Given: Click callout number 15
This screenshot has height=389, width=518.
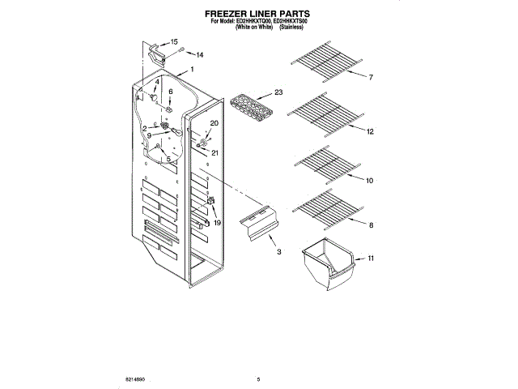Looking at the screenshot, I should pyautogui.click(x=173, y=41).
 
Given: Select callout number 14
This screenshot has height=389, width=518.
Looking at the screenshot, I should pyautogui.click(x=200, y=55).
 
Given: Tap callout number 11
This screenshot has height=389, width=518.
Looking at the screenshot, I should pyautogui.click(x=371, y=259).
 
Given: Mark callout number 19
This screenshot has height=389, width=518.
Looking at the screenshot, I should pyautogui.click(x=217, y=222).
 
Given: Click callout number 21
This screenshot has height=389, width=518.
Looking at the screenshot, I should pyautogui.click(x=215, y=152).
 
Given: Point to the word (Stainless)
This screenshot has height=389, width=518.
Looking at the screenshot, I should pyautogui.click(x=291, y=28).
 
